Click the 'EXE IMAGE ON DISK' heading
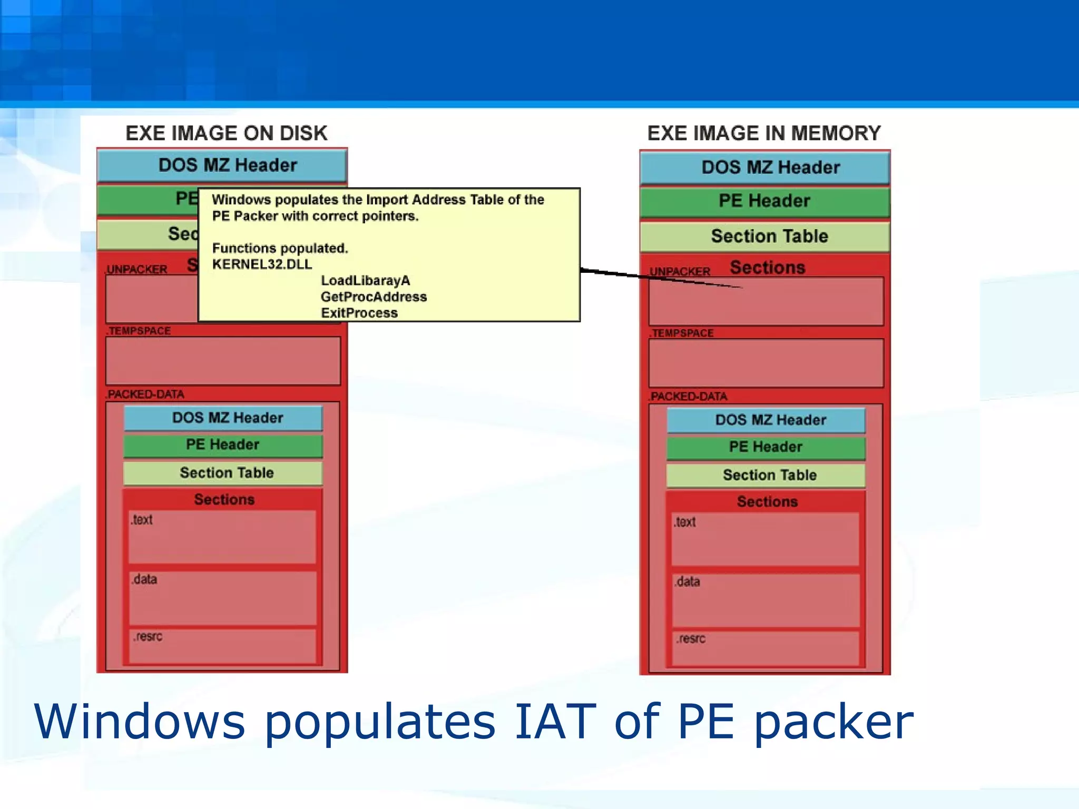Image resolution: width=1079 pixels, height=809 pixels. pos(226,133)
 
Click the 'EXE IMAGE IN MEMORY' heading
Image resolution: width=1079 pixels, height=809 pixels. pos(763,133)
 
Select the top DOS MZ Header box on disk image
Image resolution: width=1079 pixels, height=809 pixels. pos(222,165)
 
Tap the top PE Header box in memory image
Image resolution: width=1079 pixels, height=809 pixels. pos(764,201)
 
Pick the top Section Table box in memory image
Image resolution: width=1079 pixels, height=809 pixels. pos(764,236)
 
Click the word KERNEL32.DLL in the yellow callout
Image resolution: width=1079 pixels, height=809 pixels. pos(262,264)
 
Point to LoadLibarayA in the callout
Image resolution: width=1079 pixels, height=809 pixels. pos(365,281)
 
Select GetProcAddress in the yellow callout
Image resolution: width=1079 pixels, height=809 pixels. pos(374,297)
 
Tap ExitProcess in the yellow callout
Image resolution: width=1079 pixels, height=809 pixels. pos(359,313)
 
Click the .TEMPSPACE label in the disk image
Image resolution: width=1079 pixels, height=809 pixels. pos(139,331)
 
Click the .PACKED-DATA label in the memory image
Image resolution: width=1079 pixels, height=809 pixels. pos(688,397)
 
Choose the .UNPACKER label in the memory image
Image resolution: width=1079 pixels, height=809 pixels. pos(680,272)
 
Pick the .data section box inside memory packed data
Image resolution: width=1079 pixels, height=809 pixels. pos(765,600)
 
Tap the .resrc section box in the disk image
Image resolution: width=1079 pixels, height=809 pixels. pos(222,646)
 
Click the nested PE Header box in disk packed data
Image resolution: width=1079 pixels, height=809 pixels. pos(222,445)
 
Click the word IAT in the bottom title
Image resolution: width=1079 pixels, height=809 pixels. pos(555,722)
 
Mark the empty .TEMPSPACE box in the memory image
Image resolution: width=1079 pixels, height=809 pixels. pos(766,363)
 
